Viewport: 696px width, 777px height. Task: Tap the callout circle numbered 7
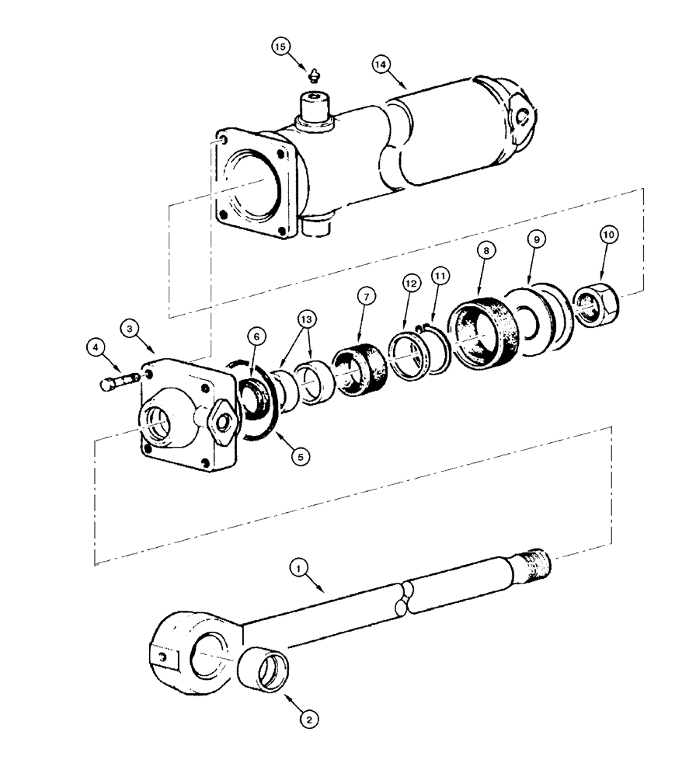366,295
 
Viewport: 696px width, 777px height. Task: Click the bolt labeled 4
119,381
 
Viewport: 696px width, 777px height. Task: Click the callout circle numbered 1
297,567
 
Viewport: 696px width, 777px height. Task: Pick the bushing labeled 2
268,671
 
